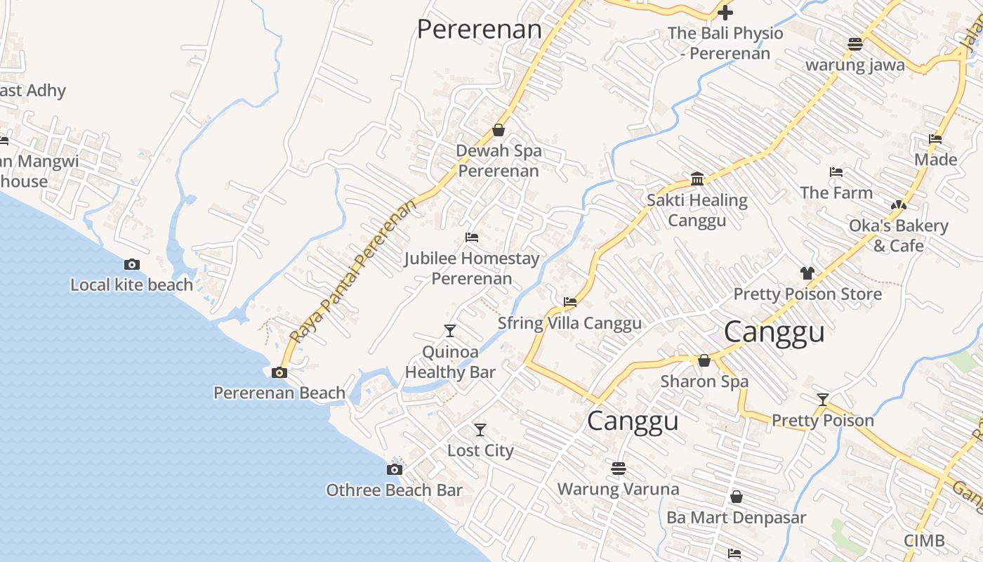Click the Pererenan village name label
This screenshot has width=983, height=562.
tap(480, 30)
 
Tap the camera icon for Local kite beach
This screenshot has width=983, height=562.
tap(131, 265)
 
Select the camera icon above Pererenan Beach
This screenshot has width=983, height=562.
tap(279, 373)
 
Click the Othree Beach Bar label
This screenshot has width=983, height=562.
tap(394, 490)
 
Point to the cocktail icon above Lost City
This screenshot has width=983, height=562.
tap(480, 429)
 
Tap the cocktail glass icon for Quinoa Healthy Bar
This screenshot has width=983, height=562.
tap(450, 330)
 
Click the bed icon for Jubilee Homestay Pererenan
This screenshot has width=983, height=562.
tap(472, 237)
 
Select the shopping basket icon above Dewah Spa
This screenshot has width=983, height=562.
tap(499, 130)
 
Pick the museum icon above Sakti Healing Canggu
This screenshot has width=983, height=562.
tap(697, 179)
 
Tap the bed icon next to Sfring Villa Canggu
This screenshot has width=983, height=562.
tap(570, 302)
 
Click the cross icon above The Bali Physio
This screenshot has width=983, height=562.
tap(725, 12)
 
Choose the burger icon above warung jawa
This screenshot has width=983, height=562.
tap(855, 44)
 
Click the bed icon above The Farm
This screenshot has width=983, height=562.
tap(836, 171)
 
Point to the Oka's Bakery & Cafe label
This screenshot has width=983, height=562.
tap(898, 235)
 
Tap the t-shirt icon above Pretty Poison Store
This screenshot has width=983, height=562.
tap(807, 273)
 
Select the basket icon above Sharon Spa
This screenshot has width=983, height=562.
tap(704, 360)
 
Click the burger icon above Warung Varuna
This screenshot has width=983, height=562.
tap(619, 468)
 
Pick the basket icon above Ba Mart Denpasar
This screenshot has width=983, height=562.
tap(737, 497)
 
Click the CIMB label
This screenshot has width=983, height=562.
tap(923, 541)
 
